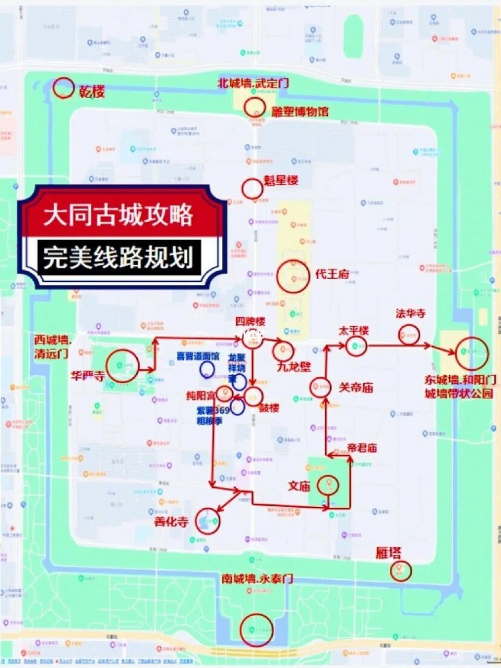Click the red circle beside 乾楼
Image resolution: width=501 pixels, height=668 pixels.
point(64,88)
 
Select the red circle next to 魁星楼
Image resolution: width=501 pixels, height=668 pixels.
point(252,188)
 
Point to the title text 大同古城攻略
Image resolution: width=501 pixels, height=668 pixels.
point(118,214)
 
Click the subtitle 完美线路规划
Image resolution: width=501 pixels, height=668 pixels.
point(118,257)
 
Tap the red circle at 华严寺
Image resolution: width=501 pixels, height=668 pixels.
point(123,366)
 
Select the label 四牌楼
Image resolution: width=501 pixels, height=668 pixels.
point(250,321)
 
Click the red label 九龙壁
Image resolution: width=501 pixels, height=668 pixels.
point(293,367)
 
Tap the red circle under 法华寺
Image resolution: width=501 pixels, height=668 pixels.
point(409,335)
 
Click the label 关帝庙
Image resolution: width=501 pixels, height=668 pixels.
point(355,388)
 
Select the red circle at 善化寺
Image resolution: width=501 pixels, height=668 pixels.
point(208,520)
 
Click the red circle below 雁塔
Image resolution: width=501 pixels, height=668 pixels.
point(400,571)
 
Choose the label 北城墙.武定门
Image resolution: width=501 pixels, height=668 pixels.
point(253,83)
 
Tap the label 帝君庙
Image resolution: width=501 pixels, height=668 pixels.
point(369,448)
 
